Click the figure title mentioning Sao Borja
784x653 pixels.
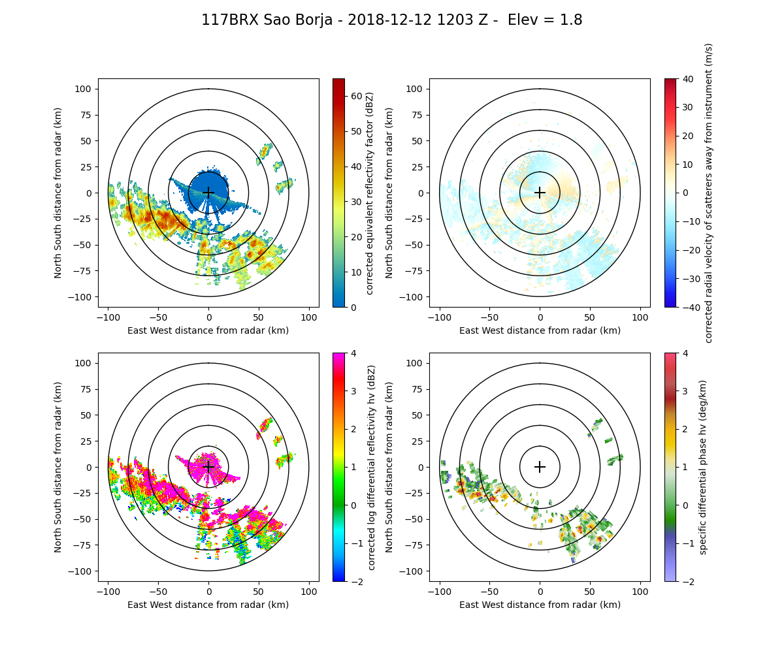(391, 20)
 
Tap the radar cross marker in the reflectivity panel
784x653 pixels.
(208, 193)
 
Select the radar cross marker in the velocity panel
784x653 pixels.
(540, 193)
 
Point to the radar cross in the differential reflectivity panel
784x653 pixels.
(208, 467)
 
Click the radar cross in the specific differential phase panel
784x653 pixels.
(540, 467)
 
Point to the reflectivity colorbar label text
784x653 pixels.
(370, 193)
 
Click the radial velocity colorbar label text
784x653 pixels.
(709, 193)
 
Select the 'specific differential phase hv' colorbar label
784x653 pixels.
(704, 467)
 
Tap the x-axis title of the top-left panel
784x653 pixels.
(208, 330)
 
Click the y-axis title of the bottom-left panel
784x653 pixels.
(58, 467)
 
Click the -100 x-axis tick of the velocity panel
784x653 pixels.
(440, 317)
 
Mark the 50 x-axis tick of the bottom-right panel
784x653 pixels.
(590, 591)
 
